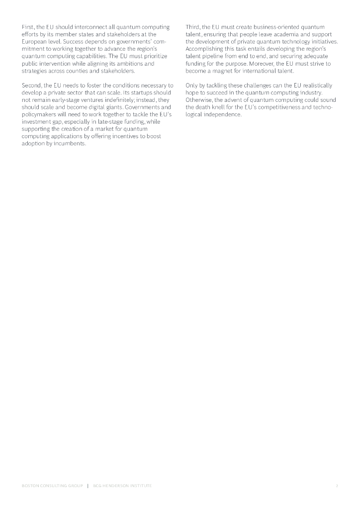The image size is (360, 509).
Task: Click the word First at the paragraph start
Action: (x=28, y=26)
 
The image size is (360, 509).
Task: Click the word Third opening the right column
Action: (x=193, y=26)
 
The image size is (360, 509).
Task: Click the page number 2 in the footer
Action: (x=337, y=486)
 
